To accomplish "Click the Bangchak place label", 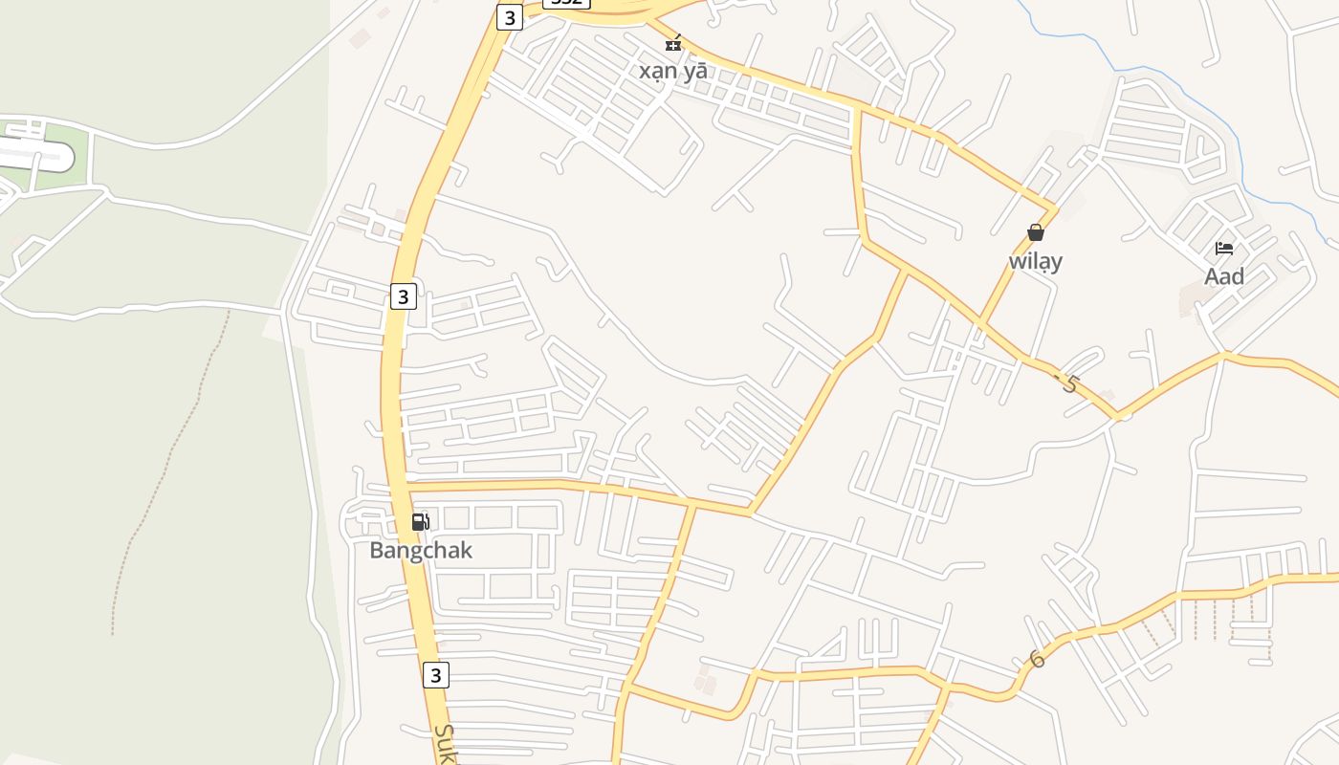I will (x=421, y=551).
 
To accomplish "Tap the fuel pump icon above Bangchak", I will (x=420, y=522).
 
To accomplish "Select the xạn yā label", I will (x=673, y=71).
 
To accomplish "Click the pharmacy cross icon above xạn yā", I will (x=674, y=43).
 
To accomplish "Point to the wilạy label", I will (x=1035, y=261).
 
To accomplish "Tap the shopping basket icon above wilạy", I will (x=1035, y=232).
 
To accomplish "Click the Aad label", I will (x=1223, y=277).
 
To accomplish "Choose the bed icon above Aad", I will (x=1223, y=249).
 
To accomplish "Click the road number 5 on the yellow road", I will (x=1068, y=384).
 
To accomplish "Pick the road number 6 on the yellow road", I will (x=1037, y=659).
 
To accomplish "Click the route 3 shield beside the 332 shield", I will (x=510, y=17).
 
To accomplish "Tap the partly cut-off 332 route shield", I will (x=566, y=3).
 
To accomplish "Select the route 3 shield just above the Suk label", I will (x=435, y=675).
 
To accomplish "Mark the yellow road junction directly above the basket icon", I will (x=1054, y=208).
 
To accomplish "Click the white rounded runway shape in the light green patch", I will (x=38, y=154).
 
